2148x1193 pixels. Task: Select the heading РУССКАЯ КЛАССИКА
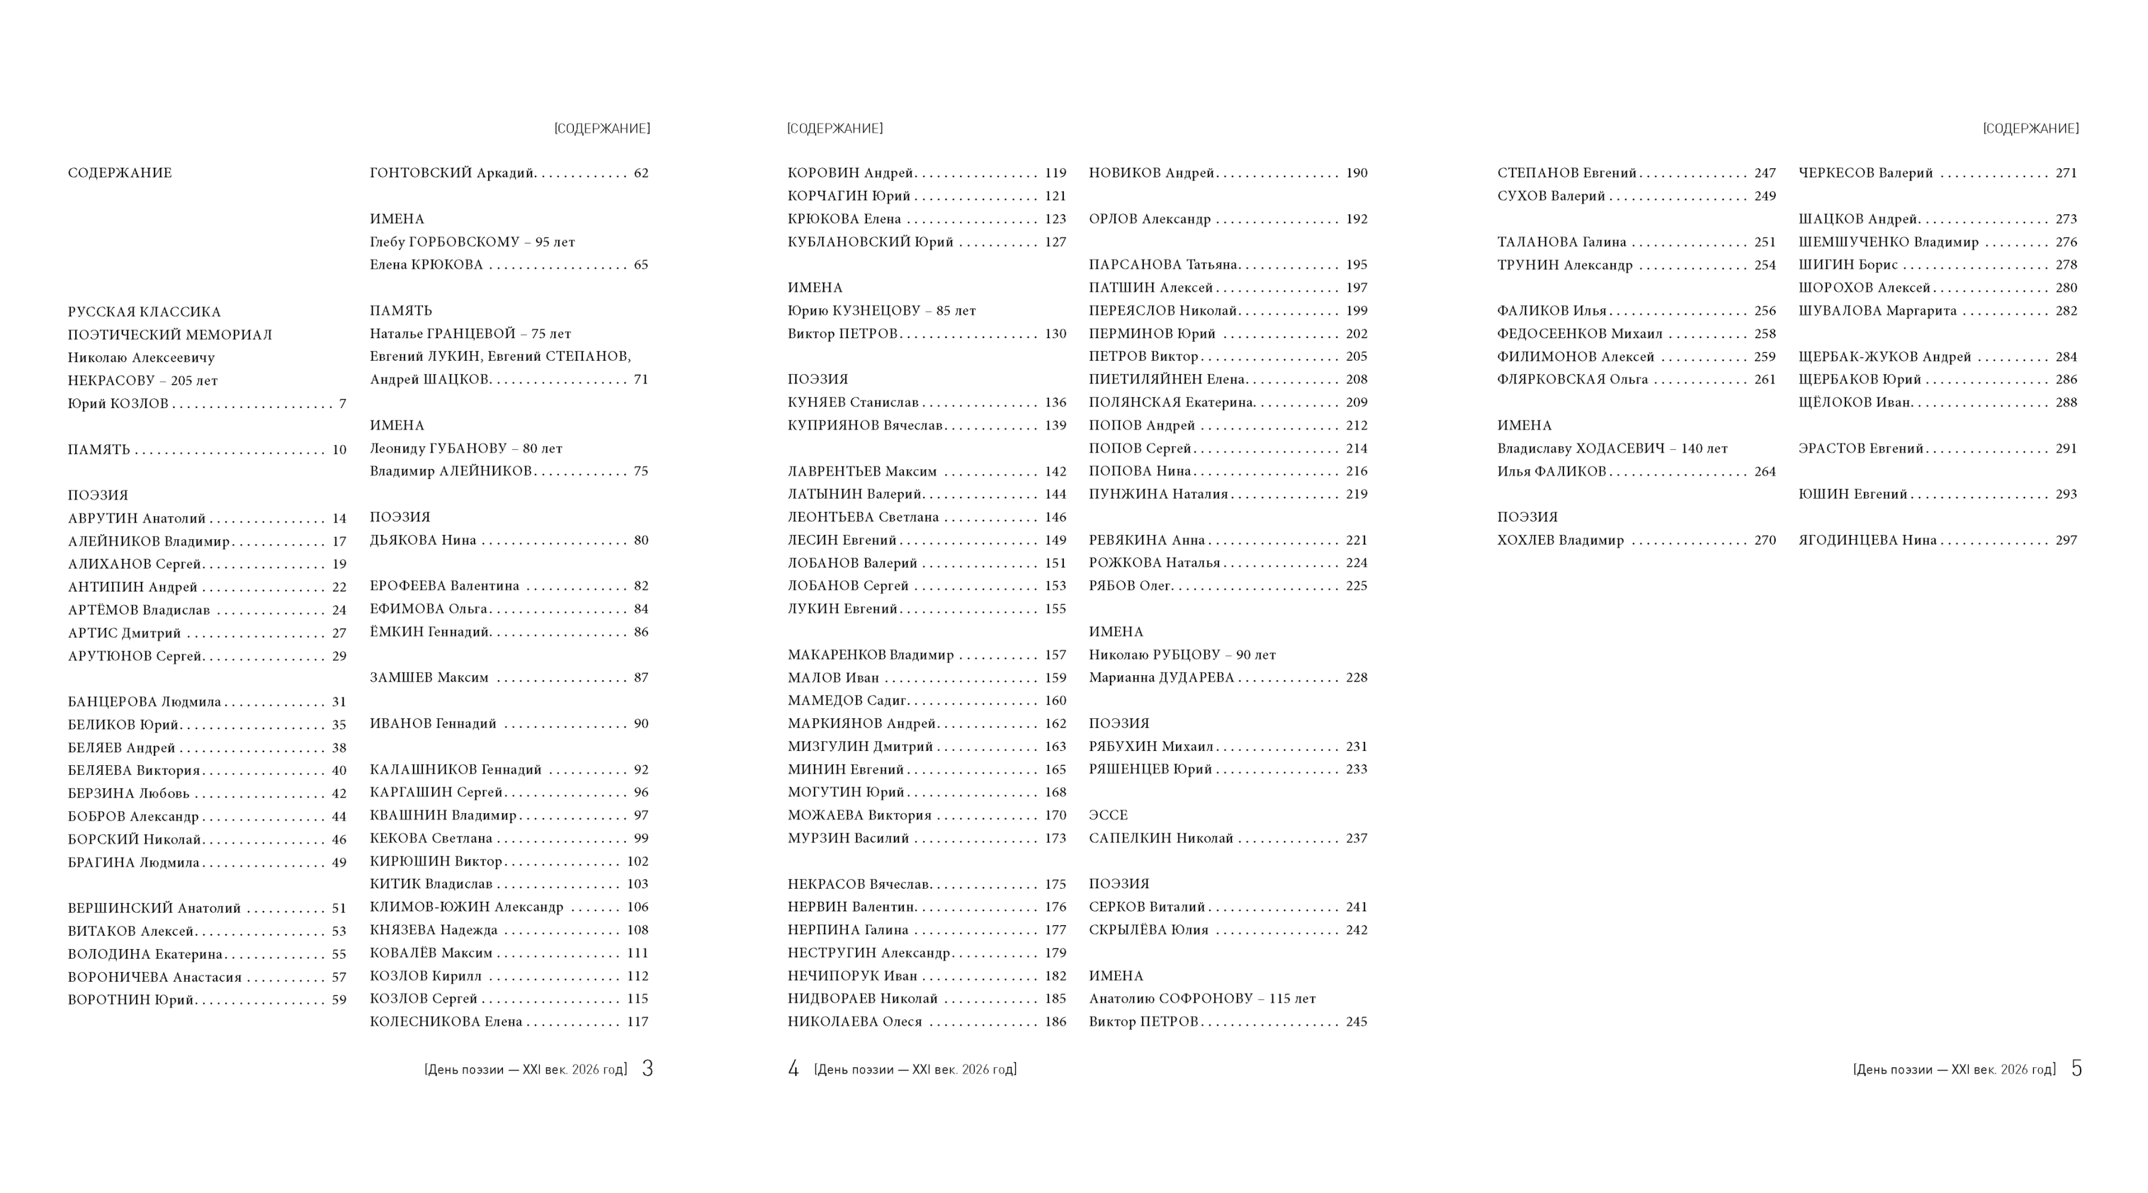click(144, 313)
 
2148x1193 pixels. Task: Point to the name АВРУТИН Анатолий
click(137, 518)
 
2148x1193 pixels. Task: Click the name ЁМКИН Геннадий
click(430, 632)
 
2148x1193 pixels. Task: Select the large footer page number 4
click(793, 1069)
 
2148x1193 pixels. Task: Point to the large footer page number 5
click(2076, 1069)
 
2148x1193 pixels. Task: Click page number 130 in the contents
click(1055, 334)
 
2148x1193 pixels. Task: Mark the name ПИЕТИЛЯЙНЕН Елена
click(1166, 379)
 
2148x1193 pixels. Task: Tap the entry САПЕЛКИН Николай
click(1161, 839)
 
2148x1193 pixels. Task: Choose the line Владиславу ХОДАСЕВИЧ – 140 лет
click(1612, 449)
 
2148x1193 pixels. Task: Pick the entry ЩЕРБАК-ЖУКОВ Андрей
click(1884, 357)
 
